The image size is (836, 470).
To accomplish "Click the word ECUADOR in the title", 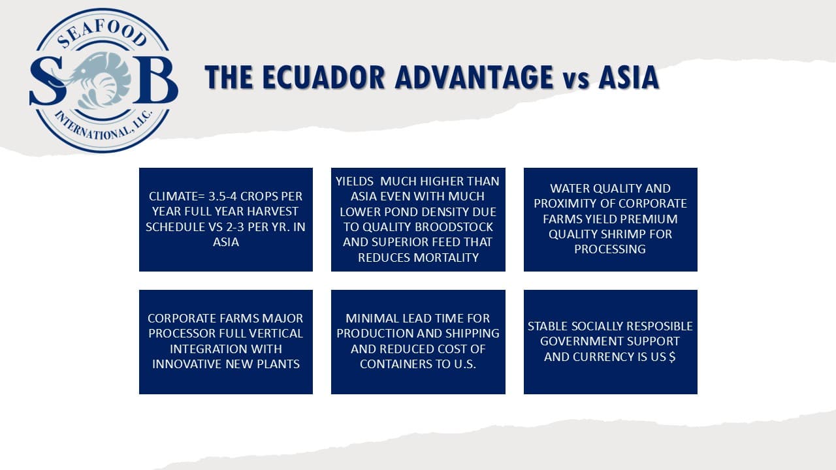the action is [323, 77].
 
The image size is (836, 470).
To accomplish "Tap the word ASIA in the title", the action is [628, 77].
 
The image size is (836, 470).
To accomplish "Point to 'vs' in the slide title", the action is [576, 80].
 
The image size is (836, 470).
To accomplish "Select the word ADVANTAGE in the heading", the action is [474, 77].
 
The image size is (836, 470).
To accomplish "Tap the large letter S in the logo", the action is [48, 81].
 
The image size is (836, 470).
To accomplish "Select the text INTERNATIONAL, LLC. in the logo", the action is [104, 125].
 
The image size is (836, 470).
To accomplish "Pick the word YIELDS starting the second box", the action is [355, 181].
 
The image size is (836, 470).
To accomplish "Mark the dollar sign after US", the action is [672, 357].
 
